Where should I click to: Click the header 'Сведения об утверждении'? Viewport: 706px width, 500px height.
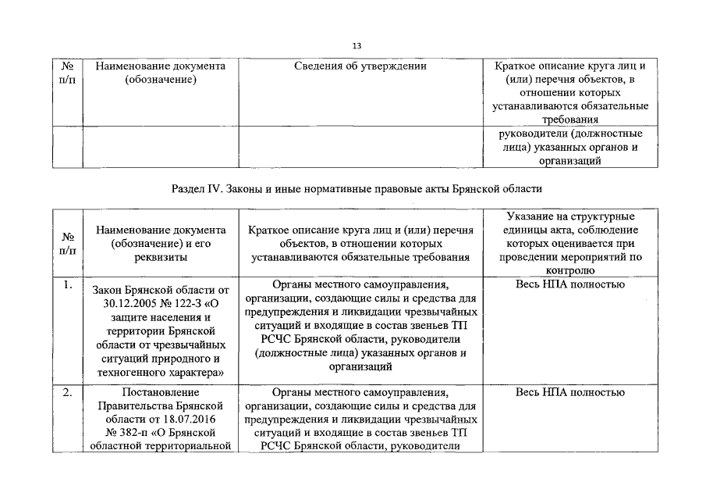point(360,66)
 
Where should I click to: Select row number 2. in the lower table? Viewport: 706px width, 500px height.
point(68,392)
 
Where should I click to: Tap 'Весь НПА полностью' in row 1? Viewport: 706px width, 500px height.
point(569,284)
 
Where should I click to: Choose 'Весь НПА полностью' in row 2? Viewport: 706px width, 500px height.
point(569,392)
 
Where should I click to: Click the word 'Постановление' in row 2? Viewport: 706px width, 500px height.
point(161,392)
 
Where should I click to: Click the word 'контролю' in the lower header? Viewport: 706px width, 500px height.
point(570,270)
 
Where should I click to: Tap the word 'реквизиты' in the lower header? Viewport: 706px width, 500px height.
point(161,257)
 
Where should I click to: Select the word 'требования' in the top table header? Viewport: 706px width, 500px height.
point(570,120)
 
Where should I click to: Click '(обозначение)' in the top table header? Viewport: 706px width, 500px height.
point(161,80)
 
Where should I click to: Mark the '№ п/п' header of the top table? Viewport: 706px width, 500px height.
point(68,73)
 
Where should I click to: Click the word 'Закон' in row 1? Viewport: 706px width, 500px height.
point(108,290)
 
